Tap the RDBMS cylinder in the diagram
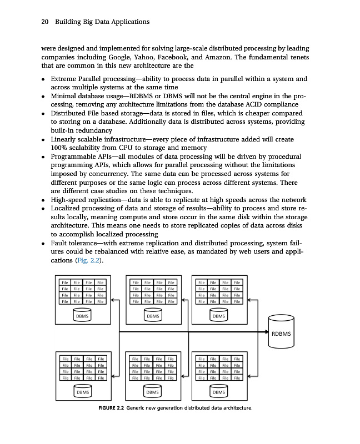coord(283,333)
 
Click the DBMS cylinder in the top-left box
coord(82,315)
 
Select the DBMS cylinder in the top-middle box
coord(152,315)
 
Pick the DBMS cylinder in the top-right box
coord(219,315)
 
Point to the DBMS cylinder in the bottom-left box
coord(82,392)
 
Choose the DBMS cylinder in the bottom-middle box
coord(152,392)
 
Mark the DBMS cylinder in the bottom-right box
coord(219,392)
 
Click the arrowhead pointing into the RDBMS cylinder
coord(266,332)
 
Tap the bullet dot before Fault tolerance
coord(43,244)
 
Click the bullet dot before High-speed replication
coord(43,200)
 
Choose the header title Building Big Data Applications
coord(102,22)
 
